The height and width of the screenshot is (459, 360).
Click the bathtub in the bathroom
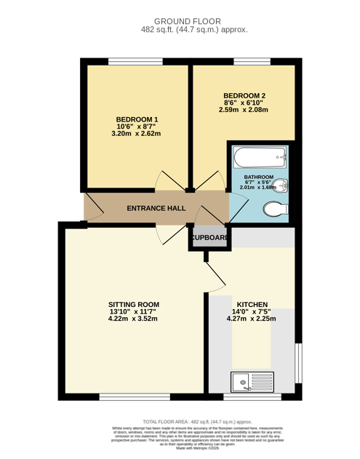(259, 157)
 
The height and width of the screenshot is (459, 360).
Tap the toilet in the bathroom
(274, 211)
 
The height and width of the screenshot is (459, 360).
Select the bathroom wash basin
(283, 185)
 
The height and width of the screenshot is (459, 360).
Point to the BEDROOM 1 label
(137, 119)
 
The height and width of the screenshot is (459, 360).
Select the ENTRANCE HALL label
(156, 209)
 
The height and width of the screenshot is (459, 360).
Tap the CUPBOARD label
(209, 238)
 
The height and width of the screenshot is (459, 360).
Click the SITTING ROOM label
(133, 304)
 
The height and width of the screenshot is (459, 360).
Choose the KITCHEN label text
(251, 304)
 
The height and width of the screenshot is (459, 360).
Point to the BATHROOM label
(258, 177)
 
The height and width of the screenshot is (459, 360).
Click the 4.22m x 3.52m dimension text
(133, 319)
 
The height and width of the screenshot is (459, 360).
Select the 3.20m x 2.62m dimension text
(135, 134)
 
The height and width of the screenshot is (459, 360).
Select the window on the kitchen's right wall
(297, 362)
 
